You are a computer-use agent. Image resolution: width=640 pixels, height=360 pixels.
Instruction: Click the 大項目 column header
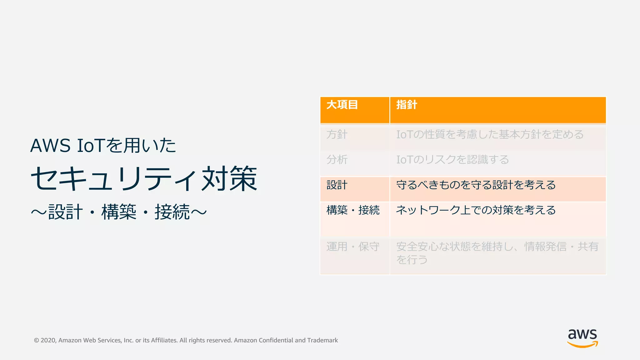[x=342, y=105]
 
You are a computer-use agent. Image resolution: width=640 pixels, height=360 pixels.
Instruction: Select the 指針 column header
[x=407, y=105]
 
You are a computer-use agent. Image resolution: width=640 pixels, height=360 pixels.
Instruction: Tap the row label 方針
[x=337, y=135]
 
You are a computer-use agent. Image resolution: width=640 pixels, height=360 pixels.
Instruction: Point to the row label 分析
[x=337, y=160]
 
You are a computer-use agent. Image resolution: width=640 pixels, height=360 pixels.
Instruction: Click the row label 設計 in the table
[x=337, y=185]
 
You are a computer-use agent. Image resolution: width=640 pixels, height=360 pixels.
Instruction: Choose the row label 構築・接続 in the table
[x=353, y=210]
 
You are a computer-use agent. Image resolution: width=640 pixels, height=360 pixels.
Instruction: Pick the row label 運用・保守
[x=353, y=247]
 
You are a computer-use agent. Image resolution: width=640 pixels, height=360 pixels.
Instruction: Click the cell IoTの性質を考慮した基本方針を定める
[x=490, y=135]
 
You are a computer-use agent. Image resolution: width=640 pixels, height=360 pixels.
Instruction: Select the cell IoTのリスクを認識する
[x=452, y=160]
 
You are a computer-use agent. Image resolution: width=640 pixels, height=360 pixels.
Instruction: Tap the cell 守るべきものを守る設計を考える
[x=476, y=185]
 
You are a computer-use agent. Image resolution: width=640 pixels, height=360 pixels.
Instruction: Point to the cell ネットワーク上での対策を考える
[x=476, y=210]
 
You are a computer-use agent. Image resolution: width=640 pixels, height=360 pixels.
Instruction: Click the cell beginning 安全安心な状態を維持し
[x=497, y=253]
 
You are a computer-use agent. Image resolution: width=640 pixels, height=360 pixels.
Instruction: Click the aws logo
[x=582, y=338]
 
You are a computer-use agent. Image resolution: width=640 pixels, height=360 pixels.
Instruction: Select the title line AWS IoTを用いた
[x=103, y=146]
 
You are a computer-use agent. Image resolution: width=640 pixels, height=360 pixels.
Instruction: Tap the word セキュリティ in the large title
[x=114, y=179]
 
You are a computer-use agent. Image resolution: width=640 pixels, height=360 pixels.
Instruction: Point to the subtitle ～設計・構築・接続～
[x=119, y=212]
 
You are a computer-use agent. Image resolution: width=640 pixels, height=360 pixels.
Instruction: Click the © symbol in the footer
[x=37, y=340]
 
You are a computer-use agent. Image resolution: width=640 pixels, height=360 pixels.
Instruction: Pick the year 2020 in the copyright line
[x=48, y=340]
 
